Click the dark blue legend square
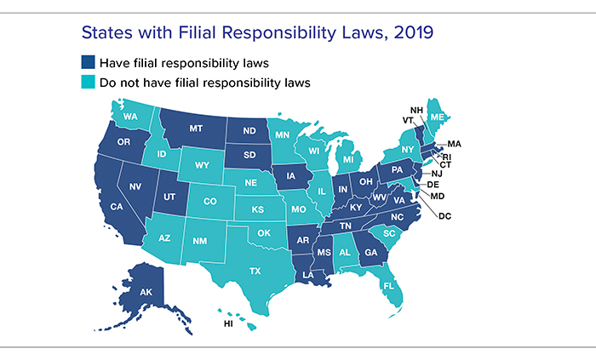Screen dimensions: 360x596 point(88,63)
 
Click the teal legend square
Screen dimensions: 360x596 point(88,83)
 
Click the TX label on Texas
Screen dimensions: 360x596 point(255,269)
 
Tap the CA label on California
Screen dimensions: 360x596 point(116,207)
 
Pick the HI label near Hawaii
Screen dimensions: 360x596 point(228,323)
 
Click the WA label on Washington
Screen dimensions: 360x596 point(130,116)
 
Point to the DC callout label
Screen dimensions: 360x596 point(444,215)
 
